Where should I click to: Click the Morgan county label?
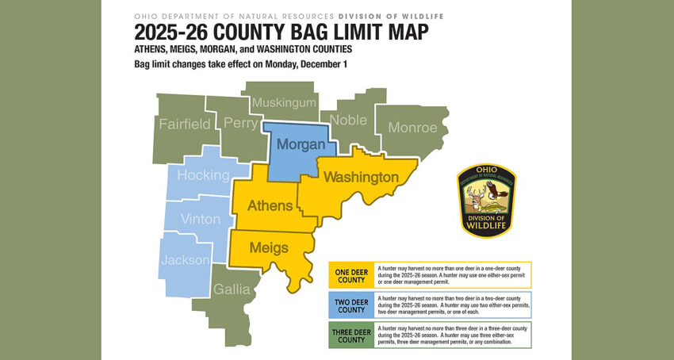click(301, 145)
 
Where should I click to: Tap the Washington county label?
click(361, 176)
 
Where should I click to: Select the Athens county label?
click(270, 206)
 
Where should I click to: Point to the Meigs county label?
click(268, 247)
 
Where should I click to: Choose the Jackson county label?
click(185, 259)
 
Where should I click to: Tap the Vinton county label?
click(201, 219)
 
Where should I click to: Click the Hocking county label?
click(203, 175)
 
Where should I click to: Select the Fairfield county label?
click(185, 124)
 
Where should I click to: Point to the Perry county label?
click(240, 124)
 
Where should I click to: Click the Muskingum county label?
click(284, 103)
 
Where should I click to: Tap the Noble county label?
click(348, 120)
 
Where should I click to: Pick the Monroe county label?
click(412, 127)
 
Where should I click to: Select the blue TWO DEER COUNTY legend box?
click(351, 304)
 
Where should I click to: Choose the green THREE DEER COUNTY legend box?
click(351, 334)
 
